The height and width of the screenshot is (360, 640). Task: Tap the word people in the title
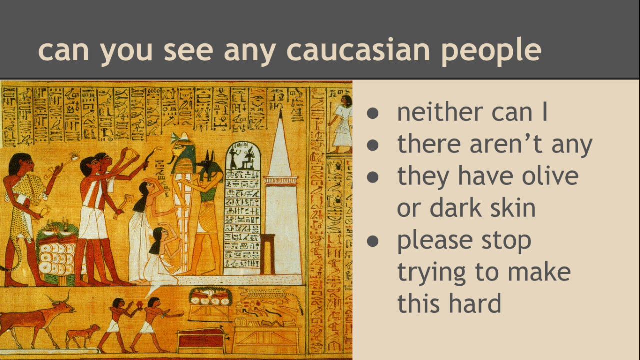491,52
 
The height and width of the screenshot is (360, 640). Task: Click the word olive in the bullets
550,176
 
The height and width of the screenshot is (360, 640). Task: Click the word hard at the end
475,303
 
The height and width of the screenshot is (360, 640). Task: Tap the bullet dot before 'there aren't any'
373,145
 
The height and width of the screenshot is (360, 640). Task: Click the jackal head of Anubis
211,165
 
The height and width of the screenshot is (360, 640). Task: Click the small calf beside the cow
82,336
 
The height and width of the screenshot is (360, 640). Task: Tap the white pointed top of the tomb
280,143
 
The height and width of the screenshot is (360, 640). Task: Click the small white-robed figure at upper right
341,124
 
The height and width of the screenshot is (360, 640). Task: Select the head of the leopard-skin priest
21,165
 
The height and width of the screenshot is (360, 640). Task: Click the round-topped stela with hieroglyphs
242,208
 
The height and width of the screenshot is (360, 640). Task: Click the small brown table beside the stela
267,254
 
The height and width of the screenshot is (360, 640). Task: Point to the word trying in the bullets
431,273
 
